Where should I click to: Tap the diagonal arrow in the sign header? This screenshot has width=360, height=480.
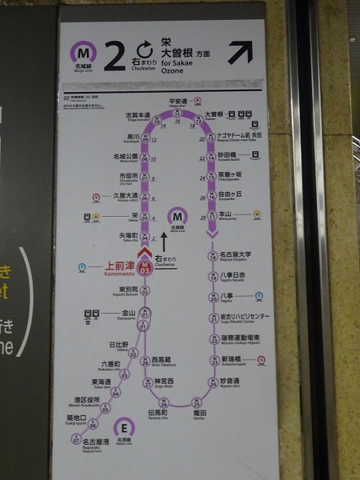coord(239,53)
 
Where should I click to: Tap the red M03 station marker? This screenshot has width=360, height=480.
coord(145,268)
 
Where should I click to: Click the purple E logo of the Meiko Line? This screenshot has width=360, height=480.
coord(123,427)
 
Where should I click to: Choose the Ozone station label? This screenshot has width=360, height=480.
coord(214,115)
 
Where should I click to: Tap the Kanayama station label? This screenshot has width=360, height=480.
coord(128,314)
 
